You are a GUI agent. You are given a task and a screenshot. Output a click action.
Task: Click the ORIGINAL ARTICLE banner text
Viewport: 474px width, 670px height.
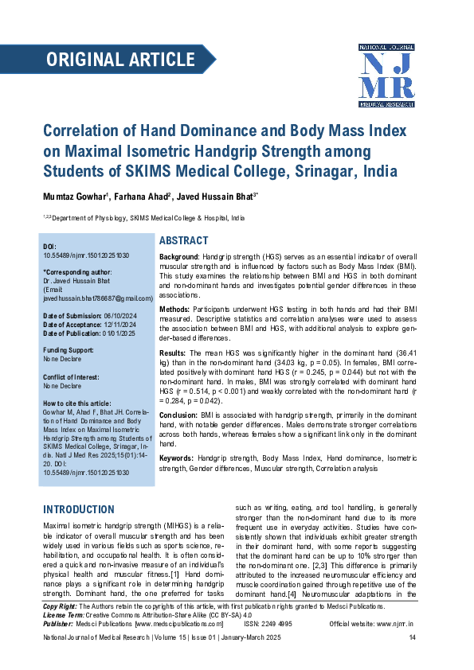(120, 60)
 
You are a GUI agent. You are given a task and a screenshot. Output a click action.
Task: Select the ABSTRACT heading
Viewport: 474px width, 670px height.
(184, 241)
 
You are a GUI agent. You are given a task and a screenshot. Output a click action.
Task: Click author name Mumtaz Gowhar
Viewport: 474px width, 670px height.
(73, 197)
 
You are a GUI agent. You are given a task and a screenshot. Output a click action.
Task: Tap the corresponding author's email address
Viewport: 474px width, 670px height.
(97, 298)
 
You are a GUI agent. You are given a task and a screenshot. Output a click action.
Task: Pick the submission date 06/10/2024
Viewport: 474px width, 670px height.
(119, 316)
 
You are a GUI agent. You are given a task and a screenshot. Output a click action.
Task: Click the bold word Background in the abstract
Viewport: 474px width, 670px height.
(179, 259)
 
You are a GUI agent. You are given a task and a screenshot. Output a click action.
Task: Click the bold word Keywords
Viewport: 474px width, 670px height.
(178, 459)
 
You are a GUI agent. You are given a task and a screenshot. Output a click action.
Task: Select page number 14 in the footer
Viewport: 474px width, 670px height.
(412, 638)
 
